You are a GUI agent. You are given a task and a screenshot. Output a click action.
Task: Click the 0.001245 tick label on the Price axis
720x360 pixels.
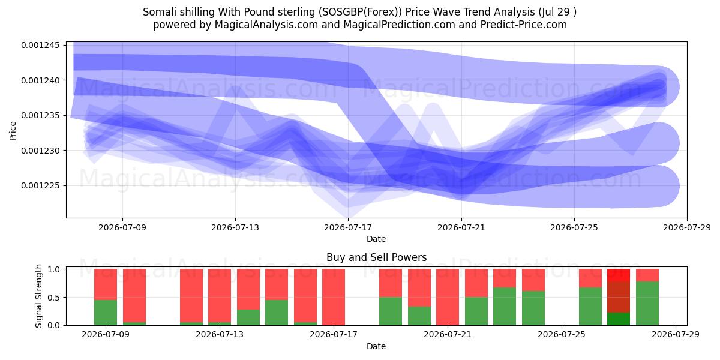41,45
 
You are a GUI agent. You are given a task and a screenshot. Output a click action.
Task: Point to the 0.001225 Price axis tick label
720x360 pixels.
41,186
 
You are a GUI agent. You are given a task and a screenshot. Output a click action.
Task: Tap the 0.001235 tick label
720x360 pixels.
41,115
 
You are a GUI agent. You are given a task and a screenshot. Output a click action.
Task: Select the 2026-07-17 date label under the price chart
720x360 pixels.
348,227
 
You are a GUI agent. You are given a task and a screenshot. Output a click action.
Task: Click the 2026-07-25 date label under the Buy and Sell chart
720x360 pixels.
561,335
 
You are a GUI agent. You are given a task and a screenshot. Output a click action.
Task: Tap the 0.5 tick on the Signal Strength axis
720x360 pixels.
55,298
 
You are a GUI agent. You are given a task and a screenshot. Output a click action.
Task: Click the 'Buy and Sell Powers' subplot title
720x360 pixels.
376,257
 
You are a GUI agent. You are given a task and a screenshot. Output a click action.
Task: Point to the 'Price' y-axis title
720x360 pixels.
13,131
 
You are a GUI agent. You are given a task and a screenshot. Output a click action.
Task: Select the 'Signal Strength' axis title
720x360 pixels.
38,296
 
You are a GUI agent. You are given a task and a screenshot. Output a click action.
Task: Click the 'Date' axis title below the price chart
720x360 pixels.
376,239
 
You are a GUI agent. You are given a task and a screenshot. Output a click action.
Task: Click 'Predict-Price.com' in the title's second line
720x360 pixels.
524,25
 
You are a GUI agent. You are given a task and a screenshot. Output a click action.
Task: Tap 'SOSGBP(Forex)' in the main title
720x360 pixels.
361,12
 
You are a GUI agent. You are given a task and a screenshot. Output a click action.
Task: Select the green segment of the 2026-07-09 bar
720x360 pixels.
106,313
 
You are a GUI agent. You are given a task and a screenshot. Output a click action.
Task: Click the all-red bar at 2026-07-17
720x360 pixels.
334,297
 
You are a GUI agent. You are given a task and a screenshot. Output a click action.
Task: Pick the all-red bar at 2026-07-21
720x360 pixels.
448,297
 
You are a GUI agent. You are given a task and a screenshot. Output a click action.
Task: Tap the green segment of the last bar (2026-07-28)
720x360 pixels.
647,304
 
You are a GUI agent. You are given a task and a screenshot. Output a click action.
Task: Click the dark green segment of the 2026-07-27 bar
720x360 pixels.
619,319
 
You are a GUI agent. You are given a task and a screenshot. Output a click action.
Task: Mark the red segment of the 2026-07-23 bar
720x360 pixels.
505,278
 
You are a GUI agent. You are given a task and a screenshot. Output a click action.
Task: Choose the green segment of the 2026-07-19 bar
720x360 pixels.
391,311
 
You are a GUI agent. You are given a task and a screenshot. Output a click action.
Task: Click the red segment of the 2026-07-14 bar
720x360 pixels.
248,289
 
